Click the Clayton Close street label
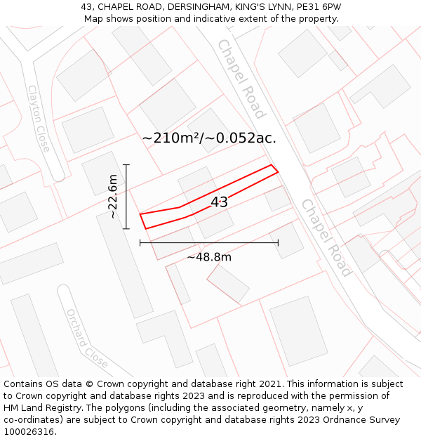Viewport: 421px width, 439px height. click(x=39, y=119)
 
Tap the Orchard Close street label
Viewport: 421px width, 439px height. click(x=87, y=339)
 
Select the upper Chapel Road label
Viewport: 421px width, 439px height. click(x=241, y=79)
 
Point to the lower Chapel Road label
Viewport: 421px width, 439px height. click(x=326, y=237)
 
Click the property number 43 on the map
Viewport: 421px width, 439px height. click(x=219, y=202)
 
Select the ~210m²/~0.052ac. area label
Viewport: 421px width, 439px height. click(x=209, y=138)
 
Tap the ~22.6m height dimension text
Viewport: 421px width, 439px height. click(x=113, y=197)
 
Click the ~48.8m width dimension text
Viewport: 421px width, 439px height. click(x=209, y=257)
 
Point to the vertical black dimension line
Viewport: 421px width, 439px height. click(x=126, y=197)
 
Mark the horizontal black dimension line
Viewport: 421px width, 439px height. click(x=209, y=243)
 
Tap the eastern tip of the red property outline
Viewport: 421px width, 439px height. click(x=277, y=170)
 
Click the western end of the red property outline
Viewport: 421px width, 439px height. click(x=141, y=215)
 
